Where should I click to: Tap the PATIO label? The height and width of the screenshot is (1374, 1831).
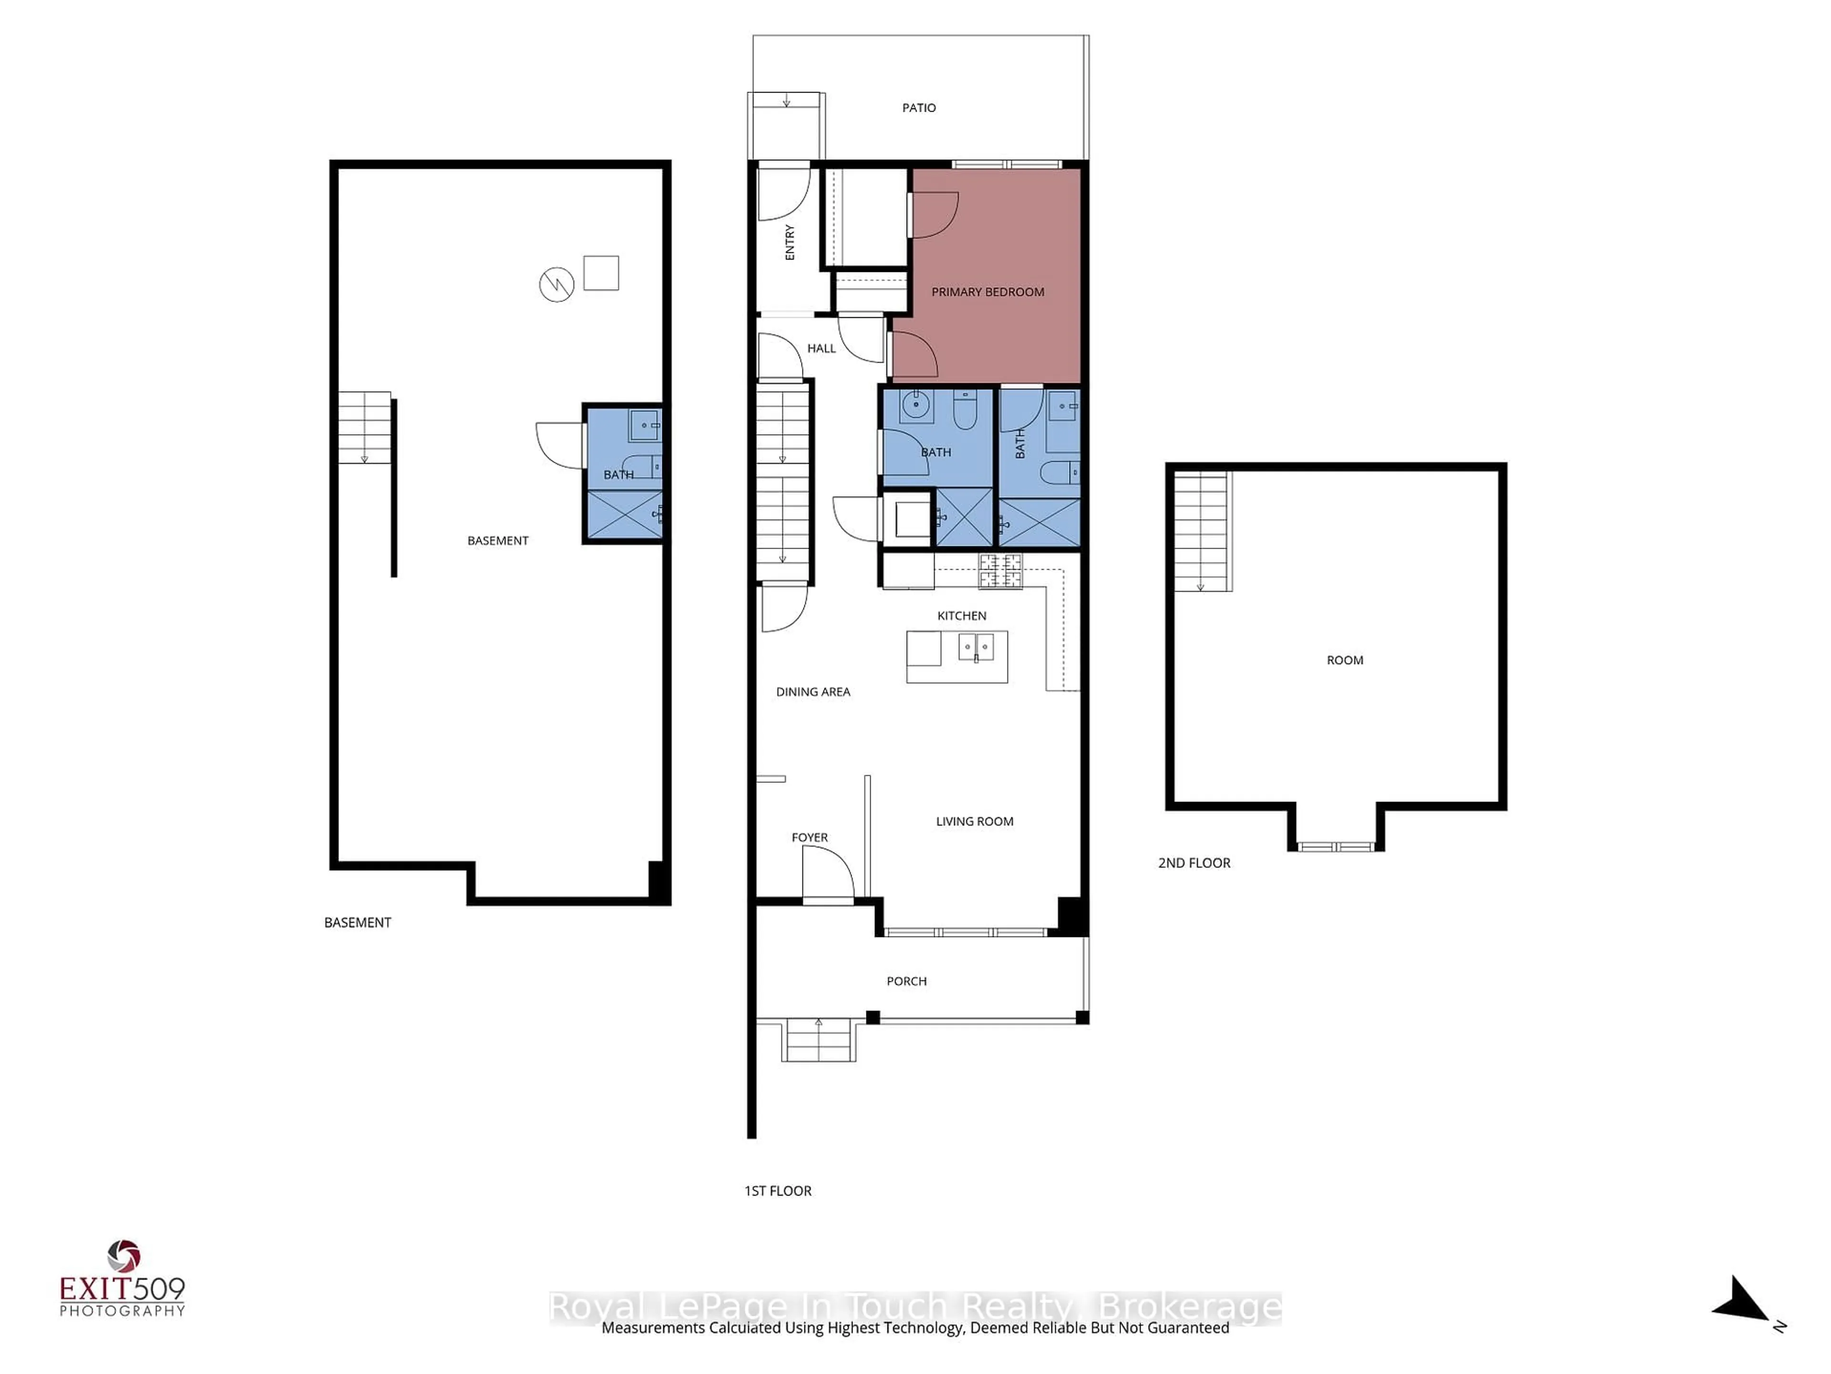(919, 108)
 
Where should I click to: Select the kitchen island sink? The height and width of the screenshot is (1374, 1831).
(976, 647)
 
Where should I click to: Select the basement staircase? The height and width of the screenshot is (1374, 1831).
(364, 427)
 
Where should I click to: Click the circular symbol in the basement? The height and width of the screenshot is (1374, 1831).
(556, 285)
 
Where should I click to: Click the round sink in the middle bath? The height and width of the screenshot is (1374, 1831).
(915, 406)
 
